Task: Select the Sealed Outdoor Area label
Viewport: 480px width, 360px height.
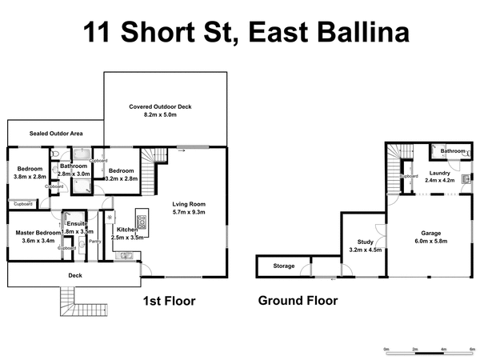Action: (56, 133)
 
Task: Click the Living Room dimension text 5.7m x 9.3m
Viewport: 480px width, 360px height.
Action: (189, 212)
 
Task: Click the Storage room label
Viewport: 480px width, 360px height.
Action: (283, 266)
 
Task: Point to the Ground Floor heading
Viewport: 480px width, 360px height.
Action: (298, 301)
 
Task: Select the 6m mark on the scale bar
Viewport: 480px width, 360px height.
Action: (473, 348)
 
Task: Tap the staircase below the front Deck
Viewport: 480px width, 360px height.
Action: (68, 303)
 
